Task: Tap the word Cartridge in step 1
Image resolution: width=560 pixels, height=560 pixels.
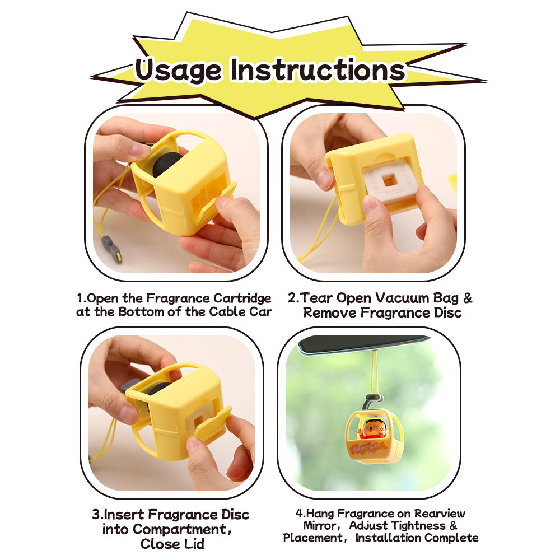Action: point(242,298)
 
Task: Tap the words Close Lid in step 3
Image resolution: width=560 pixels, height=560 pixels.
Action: point(172,544)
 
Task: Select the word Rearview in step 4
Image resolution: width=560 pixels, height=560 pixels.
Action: point(439,514)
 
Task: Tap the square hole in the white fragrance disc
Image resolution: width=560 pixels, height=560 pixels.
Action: point(386,181)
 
